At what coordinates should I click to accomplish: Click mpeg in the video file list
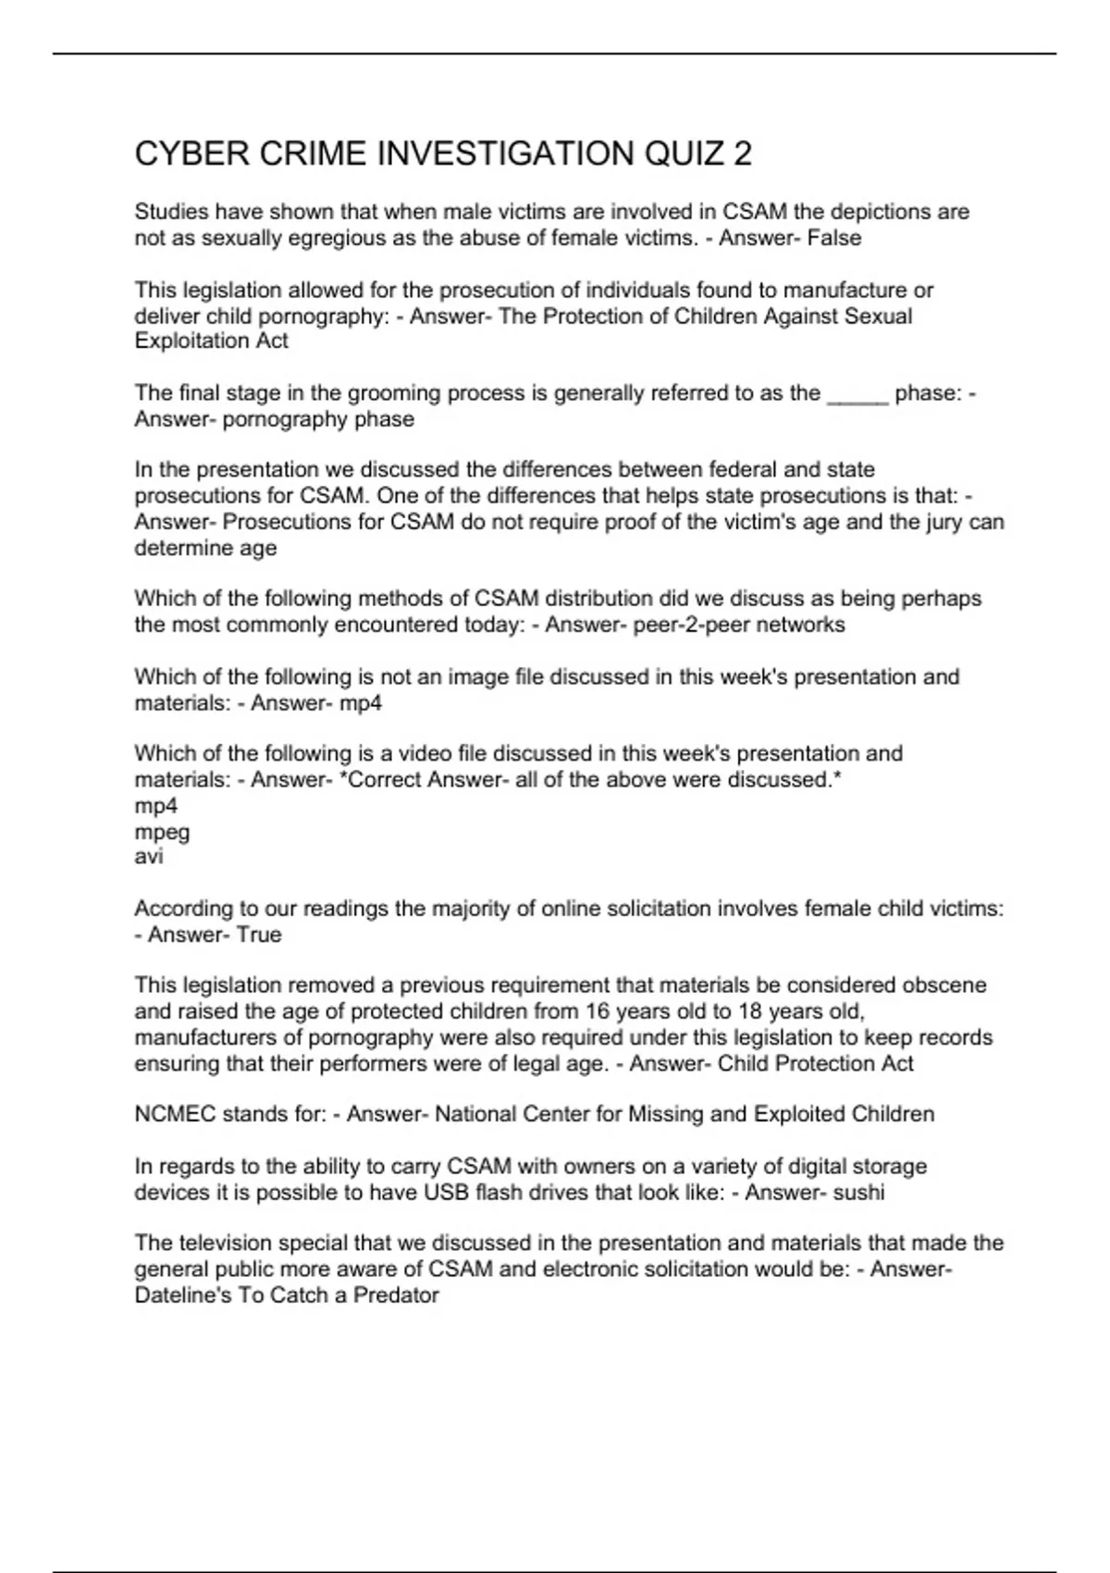(x=162, y=832)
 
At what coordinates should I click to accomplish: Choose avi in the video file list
(x=149, y=857)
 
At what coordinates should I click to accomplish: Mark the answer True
(x=259, y=935)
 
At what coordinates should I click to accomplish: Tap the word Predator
(x=397, y=1295)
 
